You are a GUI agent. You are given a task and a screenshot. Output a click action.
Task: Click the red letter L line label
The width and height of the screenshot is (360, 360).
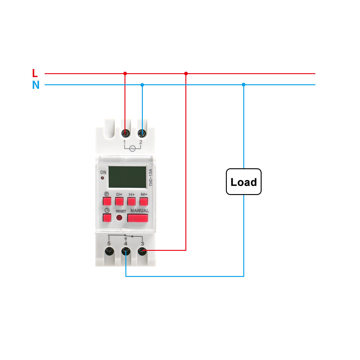(x=35, y=73)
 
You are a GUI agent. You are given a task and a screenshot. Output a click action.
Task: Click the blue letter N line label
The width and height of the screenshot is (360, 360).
(x=36, y=85)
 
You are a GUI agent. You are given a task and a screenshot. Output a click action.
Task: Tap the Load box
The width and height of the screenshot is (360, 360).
(x=244, y=182)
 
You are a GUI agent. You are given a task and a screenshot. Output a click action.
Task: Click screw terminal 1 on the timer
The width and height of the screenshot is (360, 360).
(x=125, y=133)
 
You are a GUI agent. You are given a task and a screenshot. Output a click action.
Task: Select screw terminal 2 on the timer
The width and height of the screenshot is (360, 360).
(x=142, y=133)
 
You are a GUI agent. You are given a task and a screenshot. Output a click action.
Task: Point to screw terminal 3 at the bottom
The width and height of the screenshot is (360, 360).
(x=142, y=251)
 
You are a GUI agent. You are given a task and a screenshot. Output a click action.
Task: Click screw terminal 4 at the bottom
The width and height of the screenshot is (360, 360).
(x=126, y=251)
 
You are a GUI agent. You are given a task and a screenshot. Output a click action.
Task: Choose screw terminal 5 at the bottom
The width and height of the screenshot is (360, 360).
(x=109, y=251)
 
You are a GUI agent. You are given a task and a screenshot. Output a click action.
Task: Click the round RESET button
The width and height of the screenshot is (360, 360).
(x=119, y=218)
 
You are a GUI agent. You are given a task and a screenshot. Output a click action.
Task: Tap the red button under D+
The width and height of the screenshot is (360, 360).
(x=119, y=201)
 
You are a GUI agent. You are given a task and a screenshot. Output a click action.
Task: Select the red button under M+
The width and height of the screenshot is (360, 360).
(x=144, y=201)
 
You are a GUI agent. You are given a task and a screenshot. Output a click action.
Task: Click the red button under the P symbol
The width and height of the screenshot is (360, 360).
(x=107, y=201)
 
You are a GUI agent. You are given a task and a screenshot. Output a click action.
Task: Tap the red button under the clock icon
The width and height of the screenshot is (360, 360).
(x=107, y=218)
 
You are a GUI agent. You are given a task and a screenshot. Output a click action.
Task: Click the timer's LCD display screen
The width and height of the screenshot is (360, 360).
(x=127, y=177)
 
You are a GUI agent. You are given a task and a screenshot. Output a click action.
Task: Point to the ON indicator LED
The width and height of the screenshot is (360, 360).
(x=103, y=178)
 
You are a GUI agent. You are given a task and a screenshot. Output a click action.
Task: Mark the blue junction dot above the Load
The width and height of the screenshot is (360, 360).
(x=244, y=85)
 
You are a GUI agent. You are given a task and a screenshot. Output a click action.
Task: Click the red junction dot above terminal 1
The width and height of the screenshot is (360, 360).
(x=125, y=73)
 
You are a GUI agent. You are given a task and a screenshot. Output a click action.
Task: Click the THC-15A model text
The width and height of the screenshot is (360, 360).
(x=151, y=178)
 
